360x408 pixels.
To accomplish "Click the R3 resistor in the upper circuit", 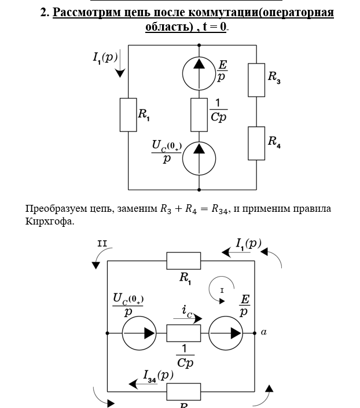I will tap(256, 79).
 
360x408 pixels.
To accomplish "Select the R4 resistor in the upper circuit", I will tap(256, 142).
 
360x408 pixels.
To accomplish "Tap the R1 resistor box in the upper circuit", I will tap(128, 115).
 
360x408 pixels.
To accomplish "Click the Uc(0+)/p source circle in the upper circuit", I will tap(199, 157).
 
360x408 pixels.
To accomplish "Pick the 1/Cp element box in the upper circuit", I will tap(199, 115).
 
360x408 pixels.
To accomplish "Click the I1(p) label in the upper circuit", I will tap(105, 57).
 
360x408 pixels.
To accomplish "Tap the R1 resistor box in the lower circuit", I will tap(183, 261).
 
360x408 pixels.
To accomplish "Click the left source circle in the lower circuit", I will tap(139, 333).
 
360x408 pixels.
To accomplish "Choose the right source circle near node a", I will tap(226, 333).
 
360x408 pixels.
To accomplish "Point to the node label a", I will tap(264, 332).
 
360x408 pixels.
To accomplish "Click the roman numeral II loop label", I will tap(102, 244).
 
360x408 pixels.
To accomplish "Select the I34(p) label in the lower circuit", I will tap(158, 376).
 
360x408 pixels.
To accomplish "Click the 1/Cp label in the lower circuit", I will tap(185, 356).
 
